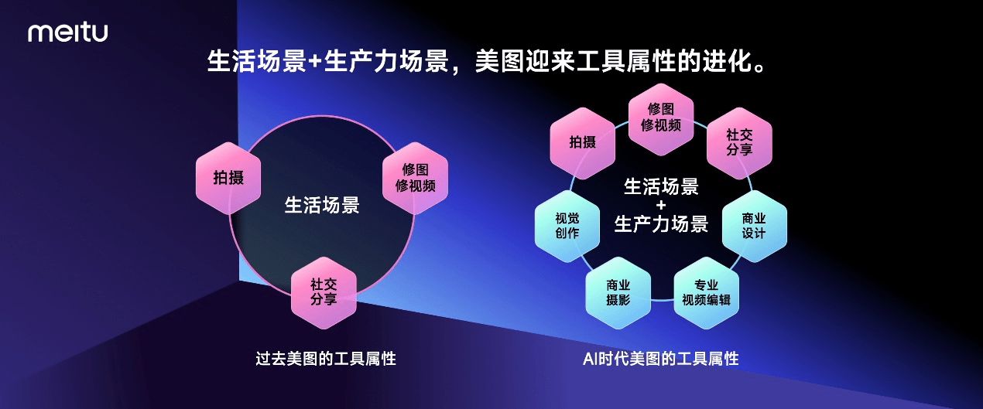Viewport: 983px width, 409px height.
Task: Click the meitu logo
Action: point(68,32)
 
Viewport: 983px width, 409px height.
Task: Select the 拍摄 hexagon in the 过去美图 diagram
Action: point(228,178)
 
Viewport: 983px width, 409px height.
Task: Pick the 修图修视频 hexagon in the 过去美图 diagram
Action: point(415,178)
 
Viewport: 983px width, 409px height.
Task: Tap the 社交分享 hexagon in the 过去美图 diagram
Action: point(324,292)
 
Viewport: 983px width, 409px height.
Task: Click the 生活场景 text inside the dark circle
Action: point(322,206)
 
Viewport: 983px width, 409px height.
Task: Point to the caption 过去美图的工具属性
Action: point(326,359)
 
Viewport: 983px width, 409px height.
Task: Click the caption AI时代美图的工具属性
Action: point(660,359)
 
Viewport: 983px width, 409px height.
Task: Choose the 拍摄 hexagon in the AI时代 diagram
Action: point(582,141)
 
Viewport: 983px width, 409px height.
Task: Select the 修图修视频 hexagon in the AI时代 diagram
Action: point(660,117)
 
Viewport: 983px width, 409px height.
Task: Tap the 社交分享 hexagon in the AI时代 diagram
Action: point(739,141)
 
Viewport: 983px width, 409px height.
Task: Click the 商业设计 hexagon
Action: point(754,226)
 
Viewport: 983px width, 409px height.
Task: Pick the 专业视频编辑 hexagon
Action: point(706,292)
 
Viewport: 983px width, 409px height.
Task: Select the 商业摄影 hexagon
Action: point(618,292)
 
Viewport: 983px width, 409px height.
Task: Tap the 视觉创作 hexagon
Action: point(567,226)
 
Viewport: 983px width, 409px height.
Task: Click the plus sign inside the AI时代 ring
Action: point(660,206)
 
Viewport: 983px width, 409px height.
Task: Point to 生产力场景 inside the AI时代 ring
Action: point(660,225)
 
